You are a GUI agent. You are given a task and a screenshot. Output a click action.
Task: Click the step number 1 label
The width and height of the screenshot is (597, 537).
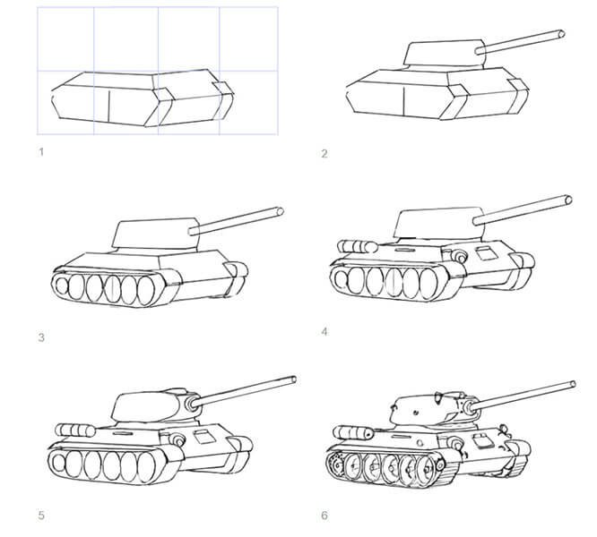click(41, 152)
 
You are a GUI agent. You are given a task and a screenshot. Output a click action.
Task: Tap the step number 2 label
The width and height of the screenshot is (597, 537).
click(324, 154)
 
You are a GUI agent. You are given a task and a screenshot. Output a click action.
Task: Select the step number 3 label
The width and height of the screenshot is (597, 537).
click(41, 337)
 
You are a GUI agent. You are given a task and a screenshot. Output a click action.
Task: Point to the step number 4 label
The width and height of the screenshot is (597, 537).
click(324, 332)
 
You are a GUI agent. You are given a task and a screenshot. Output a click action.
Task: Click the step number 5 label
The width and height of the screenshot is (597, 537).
click(41, 516)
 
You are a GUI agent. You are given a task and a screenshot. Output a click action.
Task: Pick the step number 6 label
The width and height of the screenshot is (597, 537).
click(324, 516)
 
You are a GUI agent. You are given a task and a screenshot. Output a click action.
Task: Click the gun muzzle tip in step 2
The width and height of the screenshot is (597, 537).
click(561, 34)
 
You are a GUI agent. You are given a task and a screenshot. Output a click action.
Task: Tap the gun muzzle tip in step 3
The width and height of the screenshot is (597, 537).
click(281, 211)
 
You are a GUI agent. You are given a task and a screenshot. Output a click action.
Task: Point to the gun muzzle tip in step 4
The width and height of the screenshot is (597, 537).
click(568, 200)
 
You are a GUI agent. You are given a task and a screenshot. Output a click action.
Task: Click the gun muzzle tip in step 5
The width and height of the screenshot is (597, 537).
click(293, 379)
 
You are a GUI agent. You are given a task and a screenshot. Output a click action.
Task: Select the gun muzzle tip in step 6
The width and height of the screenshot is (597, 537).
click(573, 384)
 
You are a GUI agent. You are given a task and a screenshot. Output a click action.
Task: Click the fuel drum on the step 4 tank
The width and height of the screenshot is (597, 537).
click(357, 247)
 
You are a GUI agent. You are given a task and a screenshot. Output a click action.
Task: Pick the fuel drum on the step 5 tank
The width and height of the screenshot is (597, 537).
click(75, 430)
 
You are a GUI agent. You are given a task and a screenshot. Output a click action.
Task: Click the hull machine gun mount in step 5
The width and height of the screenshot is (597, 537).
click(178, 440)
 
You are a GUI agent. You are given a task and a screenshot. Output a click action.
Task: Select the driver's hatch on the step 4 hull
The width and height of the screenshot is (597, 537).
click(485, 253)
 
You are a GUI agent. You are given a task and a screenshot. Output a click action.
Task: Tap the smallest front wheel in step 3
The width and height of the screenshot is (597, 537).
click(61, 286)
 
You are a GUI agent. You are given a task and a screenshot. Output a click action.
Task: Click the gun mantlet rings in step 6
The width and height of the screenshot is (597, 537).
click(468, 407)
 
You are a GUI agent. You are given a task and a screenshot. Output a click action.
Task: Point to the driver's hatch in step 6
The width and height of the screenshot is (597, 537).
click(481, 440)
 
